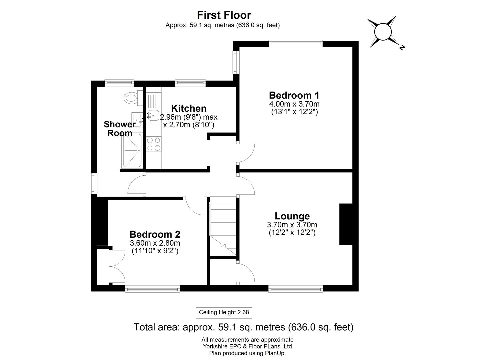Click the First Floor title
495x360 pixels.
tap(224, 15)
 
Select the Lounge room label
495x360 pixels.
tap(292, 216)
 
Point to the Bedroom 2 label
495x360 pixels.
tap(155, 234)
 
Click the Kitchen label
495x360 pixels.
tap(189, 108)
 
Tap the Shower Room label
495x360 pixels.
tap(119, 129)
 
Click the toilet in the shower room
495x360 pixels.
tap(131, 98)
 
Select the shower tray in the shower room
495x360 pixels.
tap(132, 151)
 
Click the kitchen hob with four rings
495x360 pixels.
tap(154, 144)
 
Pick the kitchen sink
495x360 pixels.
tap(153, 116)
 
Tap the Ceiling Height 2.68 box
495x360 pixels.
tap(224, 313)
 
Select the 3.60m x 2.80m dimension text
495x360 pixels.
tap(155, 243)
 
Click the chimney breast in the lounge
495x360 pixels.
tap(346, 224)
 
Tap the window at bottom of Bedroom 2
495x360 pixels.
tap(152, 289)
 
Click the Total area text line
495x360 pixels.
tap(243, 327)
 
